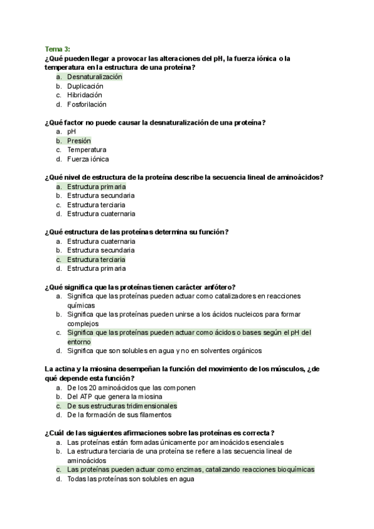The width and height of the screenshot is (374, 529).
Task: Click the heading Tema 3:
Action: pyautogui.click(x=57, y=49)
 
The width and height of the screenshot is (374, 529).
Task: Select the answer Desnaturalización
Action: pyautogui.click(x=95, y=77)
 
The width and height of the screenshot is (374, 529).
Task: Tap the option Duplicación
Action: pyautogui.click(x=86, y=86)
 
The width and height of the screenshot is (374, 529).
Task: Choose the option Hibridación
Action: pyautogui.click(x=85, y=95)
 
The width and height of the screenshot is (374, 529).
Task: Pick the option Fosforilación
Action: pyautogui.click(x=87, y=104)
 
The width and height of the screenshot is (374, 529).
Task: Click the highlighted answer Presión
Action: pyautogui.click(x=79, y=141)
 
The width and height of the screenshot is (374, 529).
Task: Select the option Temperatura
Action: pyautogui.click(x=87, y=150)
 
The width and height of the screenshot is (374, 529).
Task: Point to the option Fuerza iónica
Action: pyautogui.click(x=88, y=159)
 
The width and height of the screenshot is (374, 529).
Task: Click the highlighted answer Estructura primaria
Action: pyautogui.click(x=97, y=187)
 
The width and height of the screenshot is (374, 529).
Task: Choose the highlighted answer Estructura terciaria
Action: pyautogui.click(x=96, y=259)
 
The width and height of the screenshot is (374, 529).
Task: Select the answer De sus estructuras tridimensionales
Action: pyautogui.click(x=118, y=405)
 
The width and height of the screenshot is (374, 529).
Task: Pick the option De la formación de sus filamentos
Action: pyautogui.click(x=119, y=414)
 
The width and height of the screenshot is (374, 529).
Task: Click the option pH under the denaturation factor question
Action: pyautogui.click(x=71, y=132)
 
